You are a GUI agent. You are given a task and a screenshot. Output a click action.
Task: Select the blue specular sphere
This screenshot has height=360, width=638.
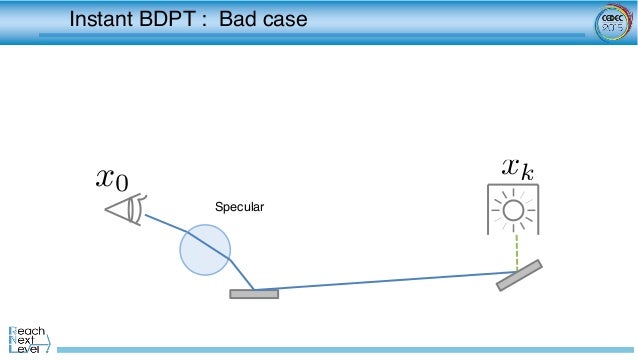click(205, 248)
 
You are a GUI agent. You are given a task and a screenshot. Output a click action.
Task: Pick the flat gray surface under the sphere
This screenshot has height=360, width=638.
click(254, 294)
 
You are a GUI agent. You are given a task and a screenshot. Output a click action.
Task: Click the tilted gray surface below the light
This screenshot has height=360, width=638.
click(519, 275)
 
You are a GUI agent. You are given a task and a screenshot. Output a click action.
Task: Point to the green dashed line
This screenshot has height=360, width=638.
click(516, 250)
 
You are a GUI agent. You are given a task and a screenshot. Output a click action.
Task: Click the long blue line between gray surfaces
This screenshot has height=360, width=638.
click(380, 281)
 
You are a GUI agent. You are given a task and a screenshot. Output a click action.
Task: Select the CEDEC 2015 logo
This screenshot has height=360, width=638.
click(610, 22)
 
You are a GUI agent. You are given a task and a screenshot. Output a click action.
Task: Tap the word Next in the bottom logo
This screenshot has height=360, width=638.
click(28, 340)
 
